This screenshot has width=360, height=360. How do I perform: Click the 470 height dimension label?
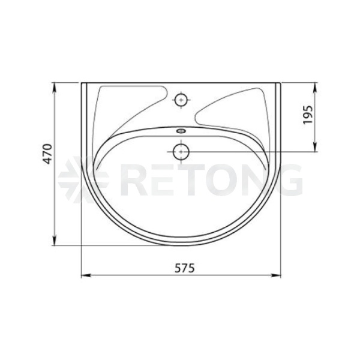click(x=48, y=154)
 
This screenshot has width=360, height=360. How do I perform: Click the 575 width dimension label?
click(x=185, y=268)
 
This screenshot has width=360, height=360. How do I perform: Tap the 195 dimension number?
click(x=308, y=115)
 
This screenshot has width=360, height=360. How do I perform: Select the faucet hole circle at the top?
click(x=181, y=100)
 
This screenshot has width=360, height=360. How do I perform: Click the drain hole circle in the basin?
click(x=181, y=152)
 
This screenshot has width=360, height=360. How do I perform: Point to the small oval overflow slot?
click(x=181, y=131)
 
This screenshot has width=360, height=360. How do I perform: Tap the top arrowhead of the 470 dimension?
click(x=55, y=87)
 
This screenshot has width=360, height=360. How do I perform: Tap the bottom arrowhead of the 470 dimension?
click(x=55, y=241)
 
